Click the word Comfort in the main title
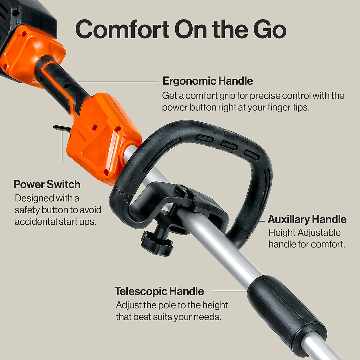click(x=122, y=29)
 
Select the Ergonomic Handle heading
click(x=208, y=81)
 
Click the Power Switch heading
click(x=47, y=184)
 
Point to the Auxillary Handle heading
click(x=307, y=219)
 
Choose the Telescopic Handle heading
click(x=159, y=291)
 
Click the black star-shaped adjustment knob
click(x=157, y=243)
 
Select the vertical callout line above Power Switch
click(x=62, y=147)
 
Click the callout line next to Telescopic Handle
click(x=229, y=291)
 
